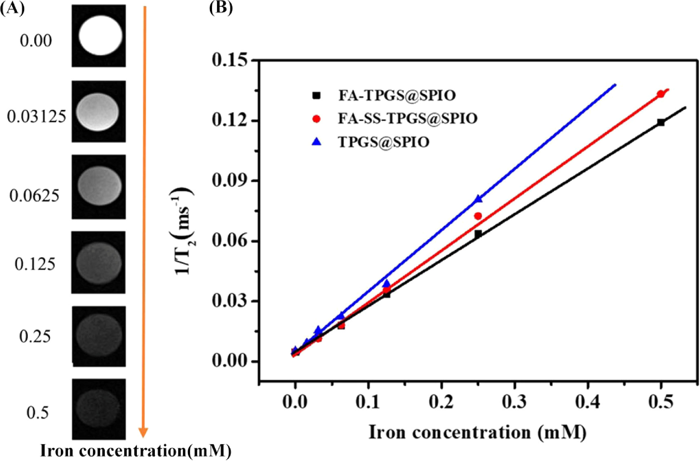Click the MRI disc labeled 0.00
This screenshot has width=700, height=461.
coord(100,35)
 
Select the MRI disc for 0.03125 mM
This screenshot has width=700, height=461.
coord(97,112)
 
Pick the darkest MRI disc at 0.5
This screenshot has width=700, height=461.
coord(98,408)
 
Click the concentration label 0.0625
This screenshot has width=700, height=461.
coord(34,196)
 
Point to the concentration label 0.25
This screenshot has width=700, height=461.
coord(35,337)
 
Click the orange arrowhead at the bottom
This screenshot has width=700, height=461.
coord(143,432)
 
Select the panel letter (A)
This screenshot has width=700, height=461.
coord(12,8)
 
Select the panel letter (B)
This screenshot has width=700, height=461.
coord(221,8)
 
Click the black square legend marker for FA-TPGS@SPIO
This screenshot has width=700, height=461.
coord(316,95)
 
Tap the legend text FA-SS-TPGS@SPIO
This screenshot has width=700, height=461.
coord(408,119)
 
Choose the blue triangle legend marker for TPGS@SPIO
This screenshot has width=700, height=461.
coord(316,142)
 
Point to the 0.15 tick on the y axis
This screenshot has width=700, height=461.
coord(230,60)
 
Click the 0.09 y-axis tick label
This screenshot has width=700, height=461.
coord(230,181)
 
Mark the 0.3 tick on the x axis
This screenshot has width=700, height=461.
coord(515,402)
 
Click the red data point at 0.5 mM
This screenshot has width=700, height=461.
coord(661,94)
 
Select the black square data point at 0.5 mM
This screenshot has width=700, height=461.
coord(661,122)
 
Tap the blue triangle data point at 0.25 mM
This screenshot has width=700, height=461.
coord(478,199)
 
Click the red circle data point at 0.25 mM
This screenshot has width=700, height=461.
coord(478,216)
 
